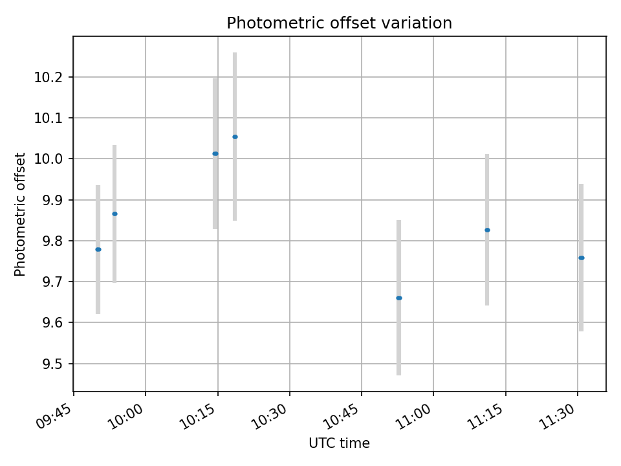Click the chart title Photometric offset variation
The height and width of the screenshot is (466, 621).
[x=339, y=23]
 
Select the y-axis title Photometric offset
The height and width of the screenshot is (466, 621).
[x=21, y=214]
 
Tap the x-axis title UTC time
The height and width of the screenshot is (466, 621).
[x=339, y=444]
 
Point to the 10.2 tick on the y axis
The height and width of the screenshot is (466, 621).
[x=52, y=78]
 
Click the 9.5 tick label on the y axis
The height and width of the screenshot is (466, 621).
[x=52, y=364]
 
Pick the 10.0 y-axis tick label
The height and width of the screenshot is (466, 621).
[x=52, y=159]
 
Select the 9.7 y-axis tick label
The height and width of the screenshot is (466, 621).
[x=52, y=282]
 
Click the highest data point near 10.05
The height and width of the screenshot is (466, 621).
[x=235, y=137]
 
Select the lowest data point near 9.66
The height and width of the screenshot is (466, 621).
[x=399, y=298]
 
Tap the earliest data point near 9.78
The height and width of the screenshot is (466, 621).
[x=98, y=249]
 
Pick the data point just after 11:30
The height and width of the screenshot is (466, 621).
[x=582, y=258]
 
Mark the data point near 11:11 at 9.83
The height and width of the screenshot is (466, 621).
[x=487, y=230]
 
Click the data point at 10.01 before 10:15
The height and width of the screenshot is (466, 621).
[x=215, y=153]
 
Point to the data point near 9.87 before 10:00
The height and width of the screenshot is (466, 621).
[x=114, y=214]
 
